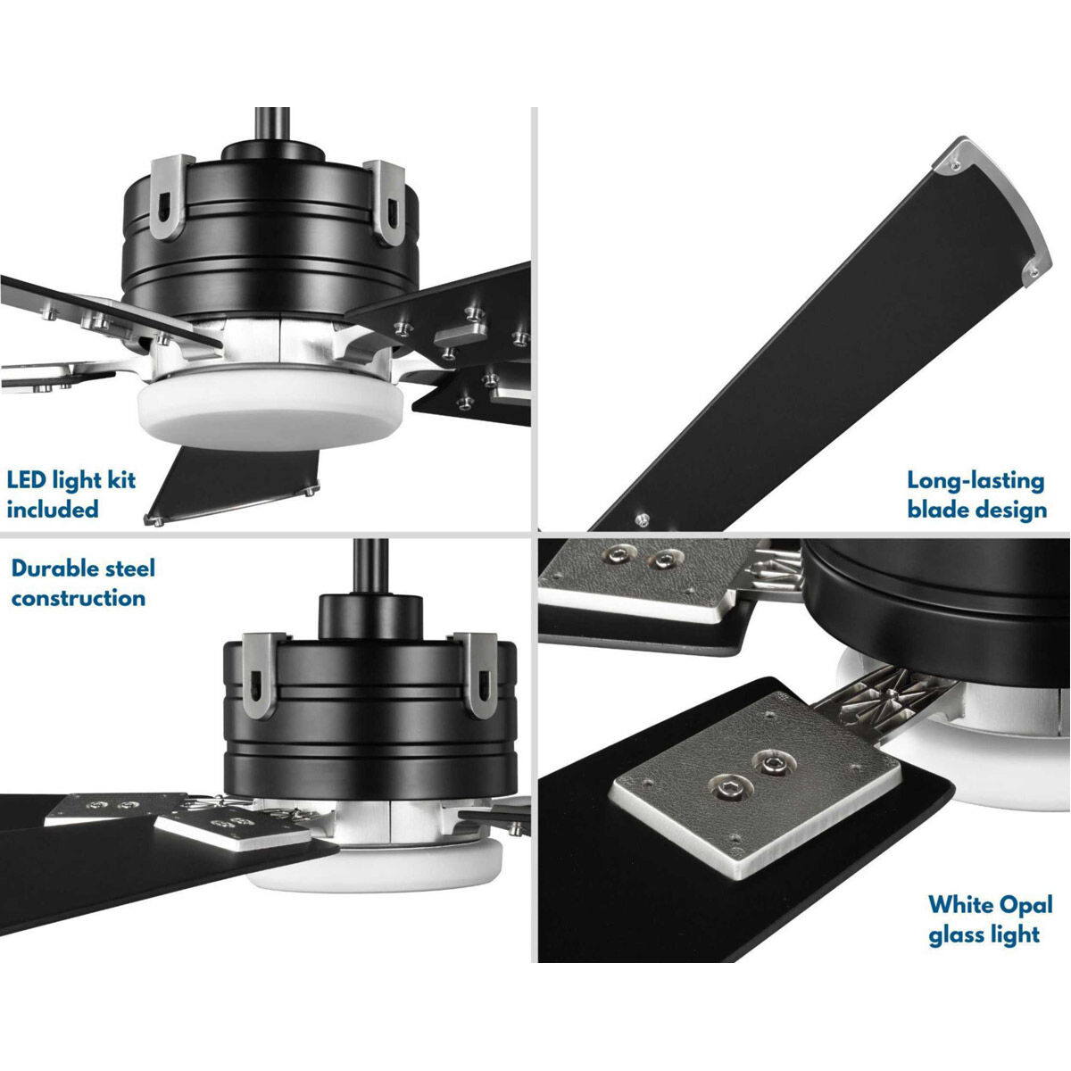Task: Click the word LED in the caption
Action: [x=26, y=480]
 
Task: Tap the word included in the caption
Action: [x=53, y=510]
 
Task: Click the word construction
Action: [x=79, y=598]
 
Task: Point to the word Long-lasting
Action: [x=976, y=480]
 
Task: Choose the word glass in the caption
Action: [x=958, y=934]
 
